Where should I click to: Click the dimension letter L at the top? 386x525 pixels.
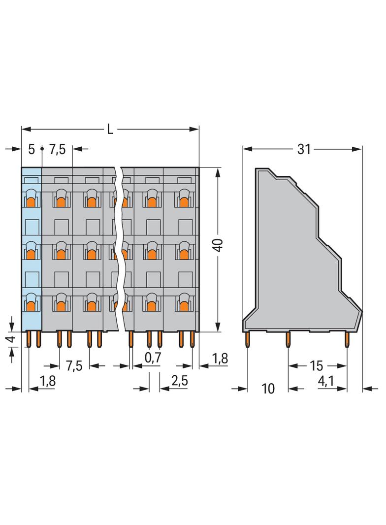click(x=110, y=130)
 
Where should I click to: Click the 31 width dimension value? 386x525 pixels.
click(x=304, y=149)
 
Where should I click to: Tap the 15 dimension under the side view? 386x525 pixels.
click(x=317, y=366)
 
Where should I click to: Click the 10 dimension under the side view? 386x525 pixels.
click(x=268, y=389)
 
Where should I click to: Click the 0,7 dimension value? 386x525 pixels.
click(x=153, y=358)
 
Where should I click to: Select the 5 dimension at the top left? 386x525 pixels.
click(x=32, y=149)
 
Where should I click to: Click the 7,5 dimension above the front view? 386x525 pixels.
click(x=58, y=149)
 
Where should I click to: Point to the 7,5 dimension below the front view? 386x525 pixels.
click(x=74, y=366)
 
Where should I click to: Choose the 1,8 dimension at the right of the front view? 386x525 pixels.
click(x=220, y=358)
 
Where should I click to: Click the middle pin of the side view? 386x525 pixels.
click(x=288, y=340)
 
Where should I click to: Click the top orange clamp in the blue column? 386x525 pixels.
click(x=31, y=201)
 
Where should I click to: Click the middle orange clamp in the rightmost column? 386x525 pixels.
click(x=184, y=254)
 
